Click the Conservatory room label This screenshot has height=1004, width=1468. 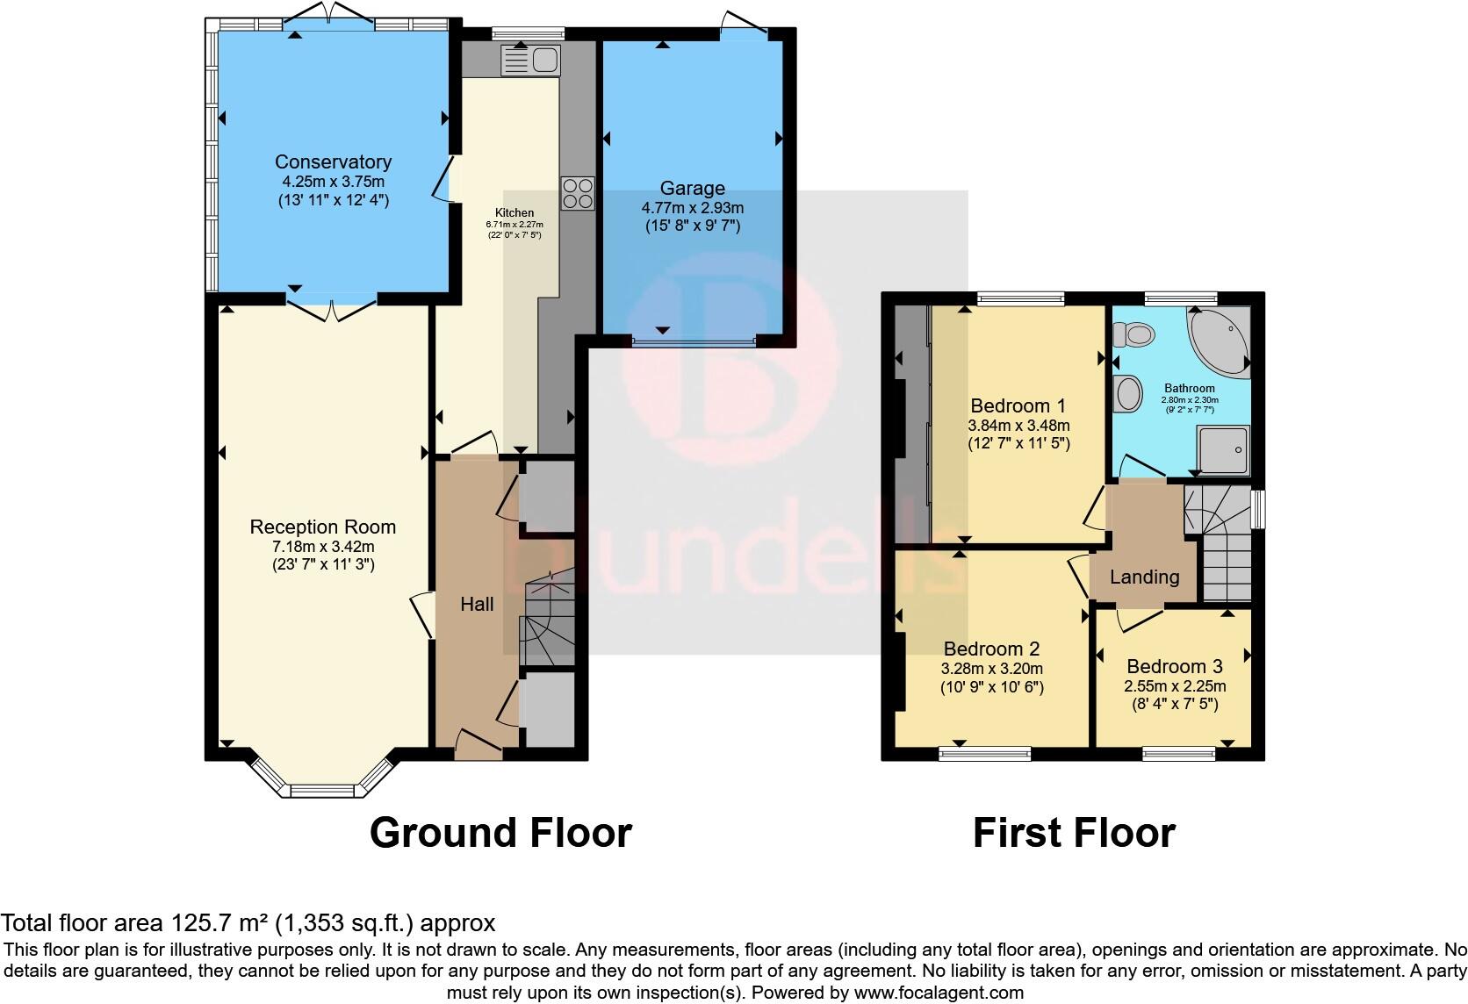click(x=333, y=161)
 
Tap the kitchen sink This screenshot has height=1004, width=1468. click(x=530, y=61)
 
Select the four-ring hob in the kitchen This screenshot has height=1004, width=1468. click(x=578, y=192)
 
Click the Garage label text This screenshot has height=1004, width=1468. click(x=693, y=188)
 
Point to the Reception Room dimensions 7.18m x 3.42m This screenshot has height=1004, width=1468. click(x=323, y=546)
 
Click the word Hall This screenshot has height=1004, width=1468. click(x=477, y=604)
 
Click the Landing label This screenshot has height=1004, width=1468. click(x=1144, y=577)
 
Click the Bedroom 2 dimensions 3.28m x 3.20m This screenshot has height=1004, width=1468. click(x=992, y=668)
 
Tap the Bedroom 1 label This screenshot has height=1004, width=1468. click(x=1018, y=405)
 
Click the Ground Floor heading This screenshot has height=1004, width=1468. click(x=500, y=832)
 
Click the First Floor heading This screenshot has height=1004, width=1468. click(x=1073, y=832)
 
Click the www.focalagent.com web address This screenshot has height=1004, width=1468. click(x=939, y=993)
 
